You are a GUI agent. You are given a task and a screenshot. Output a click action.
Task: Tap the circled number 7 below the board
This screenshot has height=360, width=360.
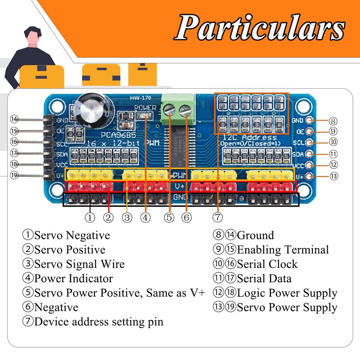click(x=217, y=217)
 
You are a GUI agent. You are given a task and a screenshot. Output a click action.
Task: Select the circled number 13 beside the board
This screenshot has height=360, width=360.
click(x=333, y=176)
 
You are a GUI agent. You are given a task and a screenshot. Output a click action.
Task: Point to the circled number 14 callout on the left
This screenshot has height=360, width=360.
click(x=14, y=119)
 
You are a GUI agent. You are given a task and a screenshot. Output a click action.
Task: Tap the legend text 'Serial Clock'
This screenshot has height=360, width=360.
click(x=267, y=264)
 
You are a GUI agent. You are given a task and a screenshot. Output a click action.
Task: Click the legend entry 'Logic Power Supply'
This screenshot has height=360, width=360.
click(x=287, y=293)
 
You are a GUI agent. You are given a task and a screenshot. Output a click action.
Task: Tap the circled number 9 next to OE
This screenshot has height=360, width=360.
click(x=333, y=131)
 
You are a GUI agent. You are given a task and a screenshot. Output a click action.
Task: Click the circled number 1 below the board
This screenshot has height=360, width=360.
click(x=90, y=217)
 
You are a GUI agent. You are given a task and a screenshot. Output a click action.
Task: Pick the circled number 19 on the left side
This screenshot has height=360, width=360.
click(x=14, y=175)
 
